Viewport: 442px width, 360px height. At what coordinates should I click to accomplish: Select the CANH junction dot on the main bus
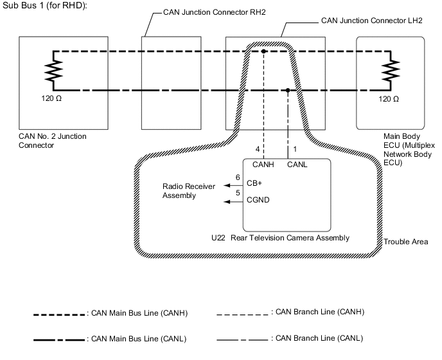[x=264, y=51]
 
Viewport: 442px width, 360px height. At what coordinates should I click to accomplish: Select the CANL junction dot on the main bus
[x=287, y=90]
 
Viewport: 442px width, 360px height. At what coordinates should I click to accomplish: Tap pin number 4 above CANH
[x=257, y=150]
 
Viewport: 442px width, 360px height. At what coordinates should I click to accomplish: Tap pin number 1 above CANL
[x=294, y=150]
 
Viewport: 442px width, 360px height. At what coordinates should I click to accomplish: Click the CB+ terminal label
[x=254, y=183]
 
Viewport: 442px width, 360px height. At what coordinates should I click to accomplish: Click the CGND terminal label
[x=258, y=200]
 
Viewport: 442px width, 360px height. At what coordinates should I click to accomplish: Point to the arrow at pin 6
[x=226, y=185]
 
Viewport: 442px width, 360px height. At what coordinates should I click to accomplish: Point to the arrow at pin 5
[x=226, y=202]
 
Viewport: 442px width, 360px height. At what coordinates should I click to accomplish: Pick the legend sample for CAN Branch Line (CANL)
[x=242, y=339]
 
